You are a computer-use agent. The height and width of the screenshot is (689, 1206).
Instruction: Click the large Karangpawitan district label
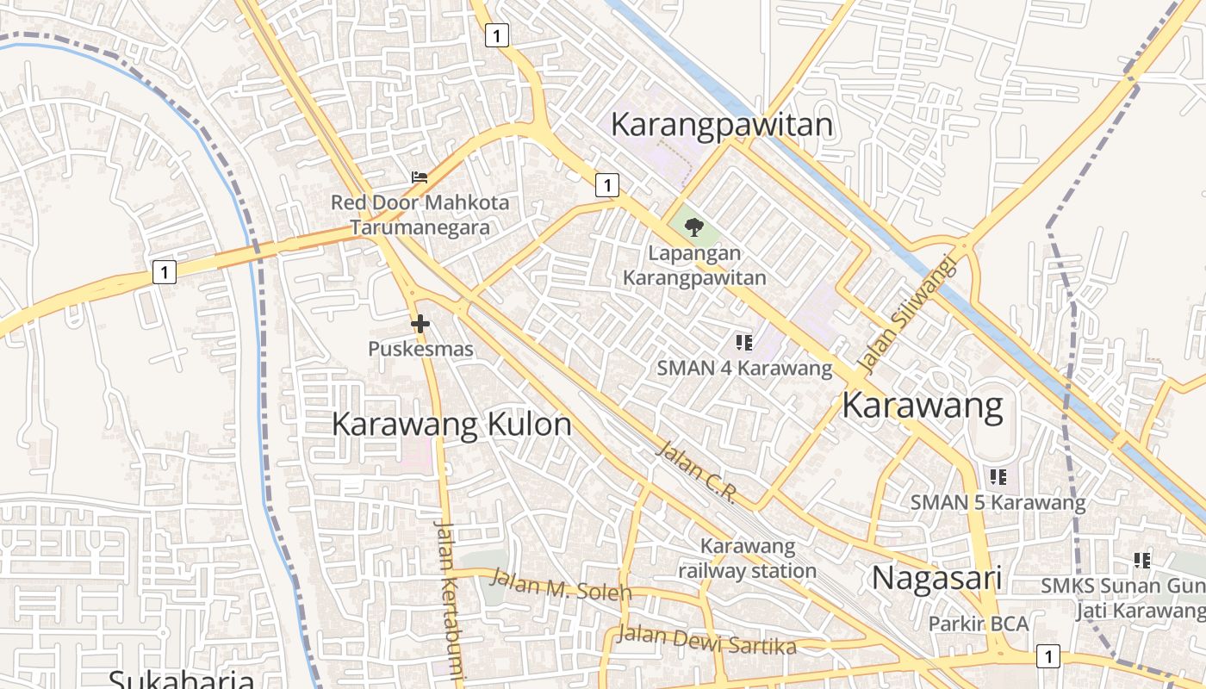click(722, 125)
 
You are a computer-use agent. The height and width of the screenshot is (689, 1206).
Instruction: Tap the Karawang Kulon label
click(451, 425)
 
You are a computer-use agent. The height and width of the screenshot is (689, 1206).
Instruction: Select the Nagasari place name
click(936, 578)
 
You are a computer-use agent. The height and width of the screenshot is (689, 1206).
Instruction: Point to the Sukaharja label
click(181, 679)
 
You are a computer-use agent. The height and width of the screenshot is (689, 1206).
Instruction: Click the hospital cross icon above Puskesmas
click(420, 324)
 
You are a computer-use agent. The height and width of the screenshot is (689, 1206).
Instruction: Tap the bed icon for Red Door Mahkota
click(420, 177)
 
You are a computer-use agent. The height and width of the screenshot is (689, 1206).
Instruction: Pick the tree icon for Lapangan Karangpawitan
click(693, 227)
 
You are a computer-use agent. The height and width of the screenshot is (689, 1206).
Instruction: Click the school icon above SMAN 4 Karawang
click(744, 343)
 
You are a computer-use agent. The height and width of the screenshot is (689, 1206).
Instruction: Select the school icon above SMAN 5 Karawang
click(998, 476)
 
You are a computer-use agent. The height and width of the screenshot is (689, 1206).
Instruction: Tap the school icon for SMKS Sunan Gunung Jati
click(1142, 561)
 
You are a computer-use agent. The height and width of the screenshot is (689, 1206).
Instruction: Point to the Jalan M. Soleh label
click(561, 586)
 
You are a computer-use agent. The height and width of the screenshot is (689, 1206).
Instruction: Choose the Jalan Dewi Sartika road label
click(706, 640)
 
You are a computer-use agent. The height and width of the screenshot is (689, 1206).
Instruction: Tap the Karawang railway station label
click(747, 558)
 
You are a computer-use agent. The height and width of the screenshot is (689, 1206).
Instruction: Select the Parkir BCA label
click(978, 624)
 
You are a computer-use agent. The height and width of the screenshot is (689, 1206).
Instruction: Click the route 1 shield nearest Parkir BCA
click(1047, 655)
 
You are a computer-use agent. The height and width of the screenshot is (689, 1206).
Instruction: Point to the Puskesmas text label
click(420, 349)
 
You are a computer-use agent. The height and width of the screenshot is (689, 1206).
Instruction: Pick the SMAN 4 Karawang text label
click(744, 369)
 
